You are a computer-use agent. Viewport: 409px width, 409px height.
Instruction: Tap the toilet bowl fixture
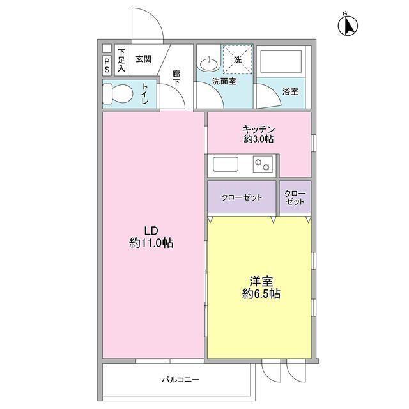117,93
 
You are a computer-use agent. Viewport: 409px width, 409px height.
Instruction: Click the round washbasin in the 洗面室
206,64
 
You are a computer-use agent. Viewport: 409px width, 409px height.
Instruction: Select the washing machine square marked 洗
237,60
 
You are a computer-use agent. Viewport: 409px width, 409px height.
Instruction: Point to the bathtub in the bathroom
281,62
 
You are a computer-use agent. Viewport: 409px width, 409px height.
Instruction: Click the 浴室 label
290,91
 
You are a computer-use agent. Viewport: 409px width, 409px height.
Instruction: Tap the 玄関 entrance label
143,59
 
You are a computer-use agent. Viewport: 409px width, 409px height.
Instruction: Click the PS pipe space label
107,65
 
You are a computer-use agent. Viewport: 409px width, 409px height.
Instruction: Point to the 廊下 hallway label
176,77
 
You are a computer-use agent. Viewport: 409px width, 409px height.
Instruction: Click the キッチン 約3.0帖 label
259,133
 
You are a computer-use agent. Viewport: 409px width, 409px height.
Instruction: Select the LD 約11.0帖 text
151,237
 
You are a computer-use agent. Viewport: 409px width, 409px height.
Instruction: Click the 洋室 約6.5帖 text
260,288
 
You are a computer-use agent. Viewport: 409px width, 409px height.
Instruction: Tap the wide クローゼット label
242,197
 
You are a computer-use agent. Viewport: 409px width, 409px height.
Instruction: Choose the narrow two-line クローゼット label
295,197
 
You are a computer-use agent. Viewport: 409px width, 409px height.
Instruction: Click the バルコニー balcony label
180,380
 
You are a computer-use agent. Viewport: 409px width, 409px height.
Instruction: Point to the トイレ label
146,94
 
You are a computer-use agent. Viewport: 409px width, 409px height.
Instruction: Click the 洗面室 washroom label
224,81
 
